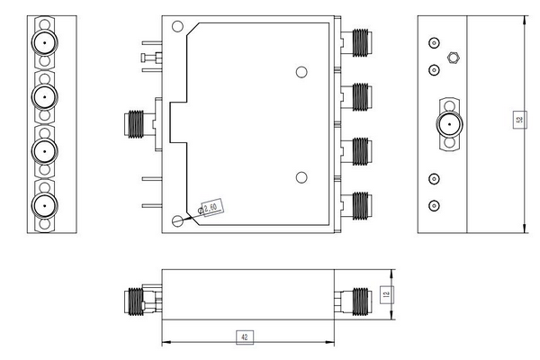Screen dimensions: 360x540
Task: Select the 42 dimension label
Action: pyautogui.click(x=243, y=337)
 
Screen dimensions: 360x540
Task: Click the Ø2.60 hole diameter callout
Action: pyautogui.click(x=211, y=209)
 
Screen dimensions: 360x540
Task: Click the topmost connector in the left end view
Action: pyautogui.click(x=42, y=42)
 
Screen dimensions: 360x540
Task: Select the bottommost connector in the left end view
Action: pyautogui.click(x=42, y=206)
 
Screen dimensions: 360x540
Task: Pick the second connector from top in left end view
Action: pyautogui.click(x=42, y=96)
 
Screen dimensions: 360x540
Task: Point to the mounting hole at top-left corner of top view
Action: pyautogui.click(x=177, y=28)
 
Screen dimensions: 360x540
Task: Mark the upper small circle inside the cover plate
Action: pyautogui.click(x=302, y=72)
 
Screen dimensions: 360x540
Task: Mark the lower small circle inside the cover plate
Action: pyautogui.click(x=302, y=176)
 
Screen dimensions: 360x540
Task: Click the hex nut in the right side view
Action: pyautogui.click(x=452, y=56)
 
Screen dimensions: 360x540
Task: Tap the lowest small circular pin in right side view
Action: pyautogui.click(x=434, y=204)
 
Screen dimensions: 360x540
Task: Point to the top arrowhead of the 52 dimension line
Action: pyautogui.click(x=524, y=19)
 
